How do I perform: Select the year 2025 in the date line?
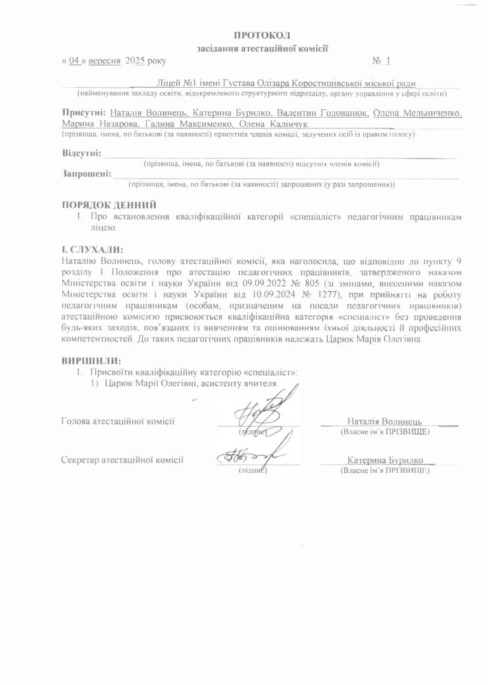[x=135, y=62]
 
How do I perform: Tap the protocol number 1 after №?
[x=388, y=62]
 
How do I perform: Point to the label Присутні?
[x=79, y=112]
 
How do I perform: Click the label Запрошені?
[x=86, y=174]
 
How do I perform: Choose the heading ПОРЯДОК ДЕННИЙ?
[x=108, y=205]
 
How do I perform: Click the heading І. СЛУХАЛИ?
[x=92, y=249]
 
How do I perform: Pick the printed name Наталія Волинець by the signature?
[x=384, y=421]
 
